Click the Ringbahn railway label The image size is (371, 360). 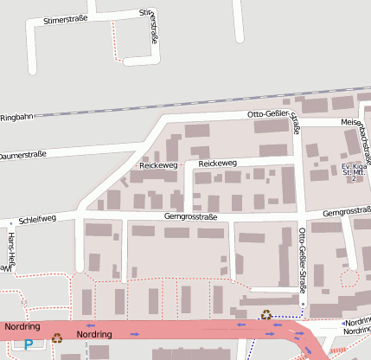coord(15,117)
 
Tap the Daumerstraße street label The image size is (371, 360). coord(22,157)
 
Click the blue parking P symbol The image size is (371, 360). coord(29,344)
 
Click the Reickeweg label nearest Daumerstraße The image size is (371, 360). coord(158,164)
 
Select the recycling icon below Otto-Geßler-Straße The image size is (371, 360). coord(266,316)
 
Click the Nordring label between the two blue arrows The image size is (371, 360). coord(95,333)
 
